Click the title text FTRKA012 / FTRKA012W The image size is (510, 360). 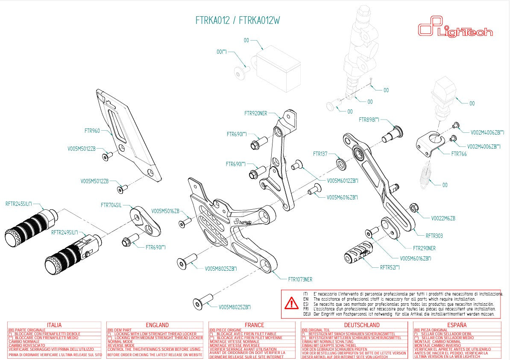[237, 20]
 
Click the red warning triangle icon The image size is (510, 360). [292, 303]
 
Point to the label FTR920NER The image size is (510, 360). [255, 114]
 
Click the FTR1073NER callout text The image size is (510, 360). [300, 279]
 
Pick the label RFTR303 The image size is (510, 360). [434, 235]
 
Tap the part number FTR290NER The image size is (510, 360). [424, 248]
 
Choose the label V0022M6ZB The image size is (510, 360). [443, 218]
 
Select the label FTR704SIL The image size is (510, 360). [111, 205]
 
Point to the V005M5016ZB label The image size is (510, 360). [165, 211]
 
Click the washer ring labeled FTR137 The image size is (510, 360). [342, 164]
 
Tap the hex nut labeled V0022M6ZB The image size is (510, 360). [413, 208]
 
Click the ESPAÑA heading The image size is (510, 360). [457, 325]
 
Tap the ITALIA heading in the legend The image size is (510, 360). [54, 325]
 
